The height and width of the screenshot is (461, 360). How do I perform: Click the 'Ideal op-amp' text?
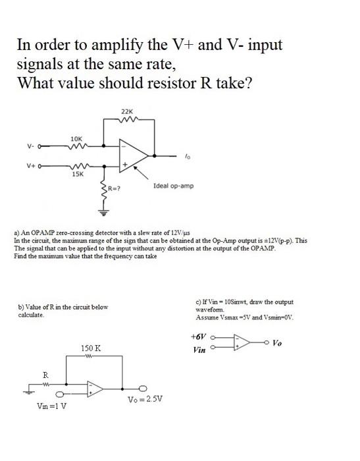coord(173,186)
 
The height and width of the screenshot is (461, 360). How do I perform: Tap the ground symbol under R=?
coord(103,212)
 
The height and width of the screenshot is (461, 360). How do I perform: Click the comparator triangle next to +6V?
coord(241,342)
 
